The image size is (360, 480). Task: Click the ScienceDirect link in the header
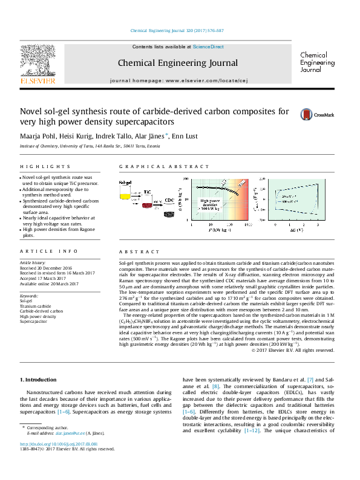tap(208, 47)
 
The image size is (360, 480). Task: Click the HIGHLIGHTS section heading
tap(45, 166)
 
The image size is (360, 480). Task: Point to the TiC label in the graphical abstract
tap(147, 191)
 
